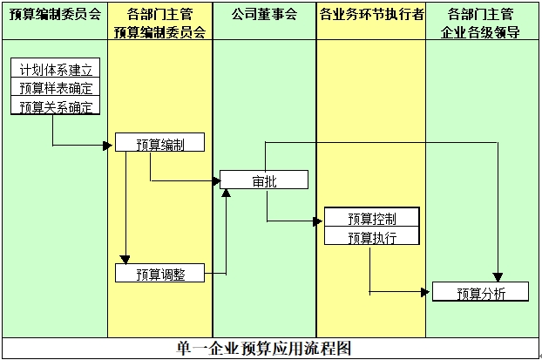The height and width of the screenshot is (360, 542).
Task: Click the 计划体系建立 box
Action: (x=56, y=70)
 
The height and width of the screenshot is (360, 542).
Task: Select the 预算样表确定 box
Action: (x=56, y=88)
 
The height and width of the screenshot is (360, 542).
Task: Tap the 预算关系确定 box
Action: (x=56, y=107)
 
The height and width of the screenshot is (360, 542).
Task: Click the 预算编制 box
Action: (x=160, y=144)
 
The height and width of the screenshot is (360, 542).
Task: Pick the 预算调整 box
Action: (x=160, y=275)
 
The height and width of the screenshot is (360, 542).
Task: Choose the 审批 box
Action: (x=264, y=181)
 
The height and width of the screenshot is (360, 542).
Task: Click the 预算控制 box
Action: (x=372, y=218)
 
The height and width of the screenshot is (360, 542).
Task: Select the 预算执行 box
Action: (x=372, y=237)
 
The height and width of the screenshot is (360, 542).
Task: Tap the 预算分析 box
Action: (x=480, y=293)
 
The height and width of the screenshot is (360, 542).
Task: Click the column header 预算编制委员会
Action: (x=53, y=16)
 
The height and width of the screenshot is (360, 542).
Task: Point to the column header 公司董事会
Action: (x=265, y=16)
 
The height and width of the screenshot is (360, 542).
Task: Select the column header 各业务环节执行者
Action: (x=371, y=16)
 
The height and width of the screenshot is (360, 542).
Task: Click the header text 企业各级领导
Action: (x=481, y=33)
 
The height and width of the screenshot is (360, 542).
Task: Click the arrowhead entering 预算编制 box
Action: (x=110, y=145)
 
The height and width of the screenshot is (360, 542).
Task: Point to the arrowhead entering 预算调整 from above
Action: (x=125, y=259)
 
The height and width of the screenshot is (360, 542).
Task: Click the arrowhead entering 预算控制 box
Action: (x=318, y=221)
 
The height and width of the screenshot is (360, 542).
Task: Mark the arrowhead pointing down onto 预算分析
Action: (x=498, y=278)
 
